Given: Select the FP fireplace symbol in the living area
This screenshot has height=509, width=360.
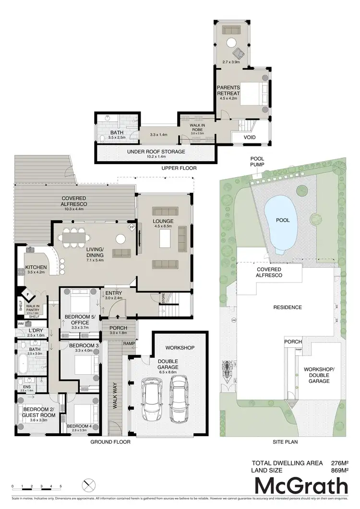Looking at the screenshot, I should pos(132,227).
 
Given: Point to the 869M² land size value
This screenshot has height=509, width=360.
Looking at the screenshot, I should pos(340,470).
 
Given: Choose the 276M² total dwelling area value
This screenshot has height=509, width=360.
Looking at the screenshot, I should pos(340,463).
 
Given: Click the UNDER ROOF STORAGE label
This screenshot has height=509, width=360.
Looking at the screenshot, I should pos(156,152).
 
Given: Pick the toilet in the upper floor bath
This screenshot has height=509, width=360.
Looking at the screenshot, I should pos(105,139).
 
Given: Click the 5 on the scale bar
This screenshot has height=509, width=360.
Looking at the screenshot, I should pos(60,486).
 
